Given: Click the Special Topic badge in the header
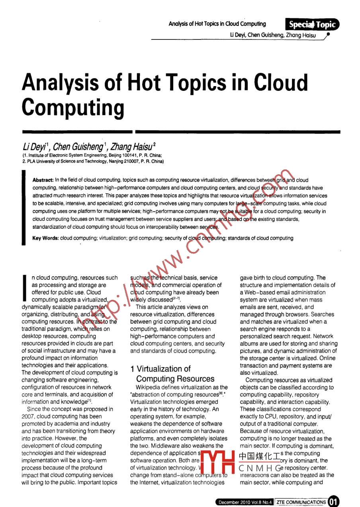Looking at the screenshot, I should (x=313, y=25).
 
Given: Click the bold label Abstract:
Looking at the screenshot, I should (x=43, y=180).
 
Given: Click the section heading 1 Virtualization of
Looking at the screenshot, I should (x=160, y=369).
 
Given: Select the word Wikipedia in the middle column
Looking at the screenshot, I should (x=148, y=387).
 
